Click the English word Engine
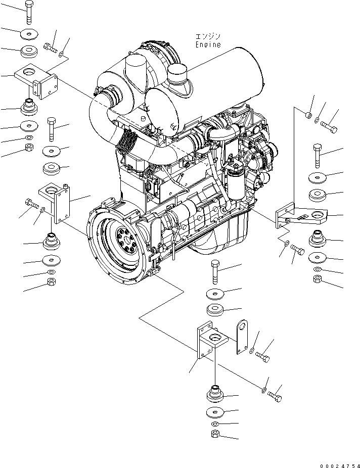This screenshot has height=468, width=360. click(x=208, y=44)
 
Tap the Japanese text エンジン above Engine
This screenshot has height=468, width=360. click(x=208, y=36)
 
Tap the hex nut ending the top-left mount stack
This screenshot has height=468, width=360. click(x=29, y=148)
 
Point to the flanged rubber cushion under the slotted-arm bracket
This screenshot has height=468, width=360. click(x=317, y=237)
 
